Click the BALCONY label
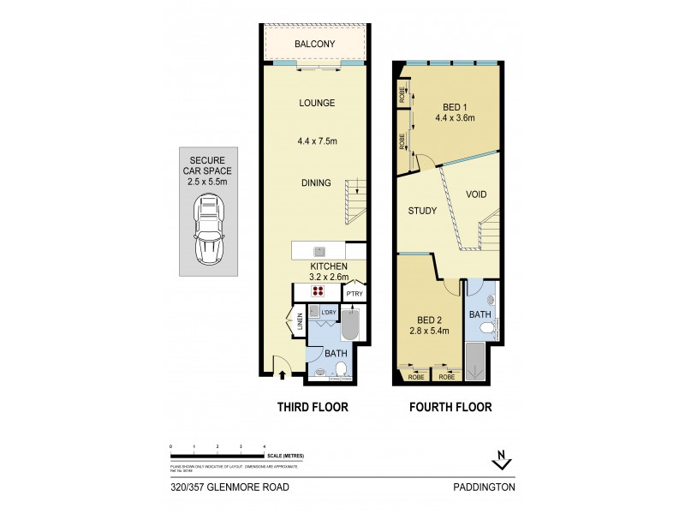(x=314, y=44)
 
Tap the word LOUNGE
(x=316, y=104)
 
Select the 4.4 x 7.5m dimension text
(x=316, y=142)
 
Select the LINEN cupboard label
(x=301, y=324)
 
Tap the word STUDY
(x=423, y=211)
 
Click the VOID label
(x=476, y=194)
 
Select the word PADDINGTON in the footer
(x=485, y=487)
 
